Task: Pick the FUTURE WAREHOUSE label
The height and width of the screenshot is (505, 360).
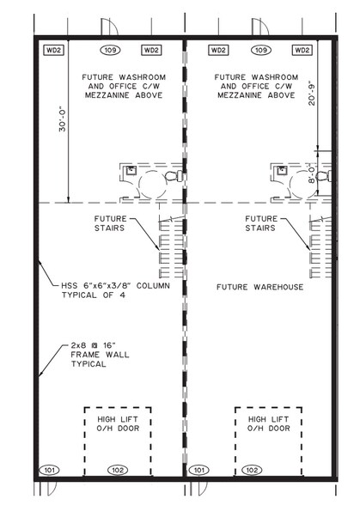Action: click(259, 287)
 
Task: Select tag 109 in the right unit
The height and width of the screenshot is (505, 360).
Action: click(263, 51)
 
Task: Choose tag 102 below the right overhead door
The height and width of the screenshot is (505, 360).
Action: click(250, 470)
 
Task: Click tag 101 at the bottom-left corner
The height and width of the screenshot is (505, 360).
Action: click(51, 470)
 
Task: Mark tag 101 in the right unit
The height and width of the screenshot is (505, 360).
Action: click(198, 470)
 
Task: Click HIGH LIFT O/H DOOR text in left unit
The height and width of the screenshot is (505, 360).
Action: click(115, 423)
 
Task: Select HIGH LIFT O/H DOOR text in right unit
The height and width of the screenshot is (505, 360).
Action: click(269, 423)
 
